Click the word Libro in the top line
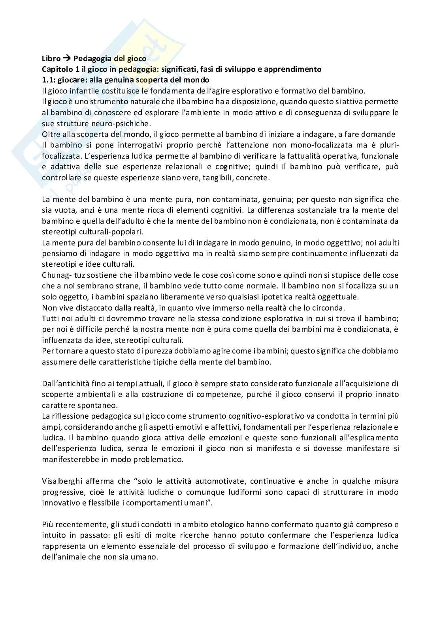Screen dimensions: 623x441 [x=51, y=59]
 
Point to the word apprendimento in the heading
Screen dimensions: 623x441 [x=296, y=69]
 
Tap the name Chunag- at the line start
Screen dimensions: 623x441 [x=57, y=275]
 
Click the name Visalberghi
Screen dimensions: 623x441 [x=62, y=481]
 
